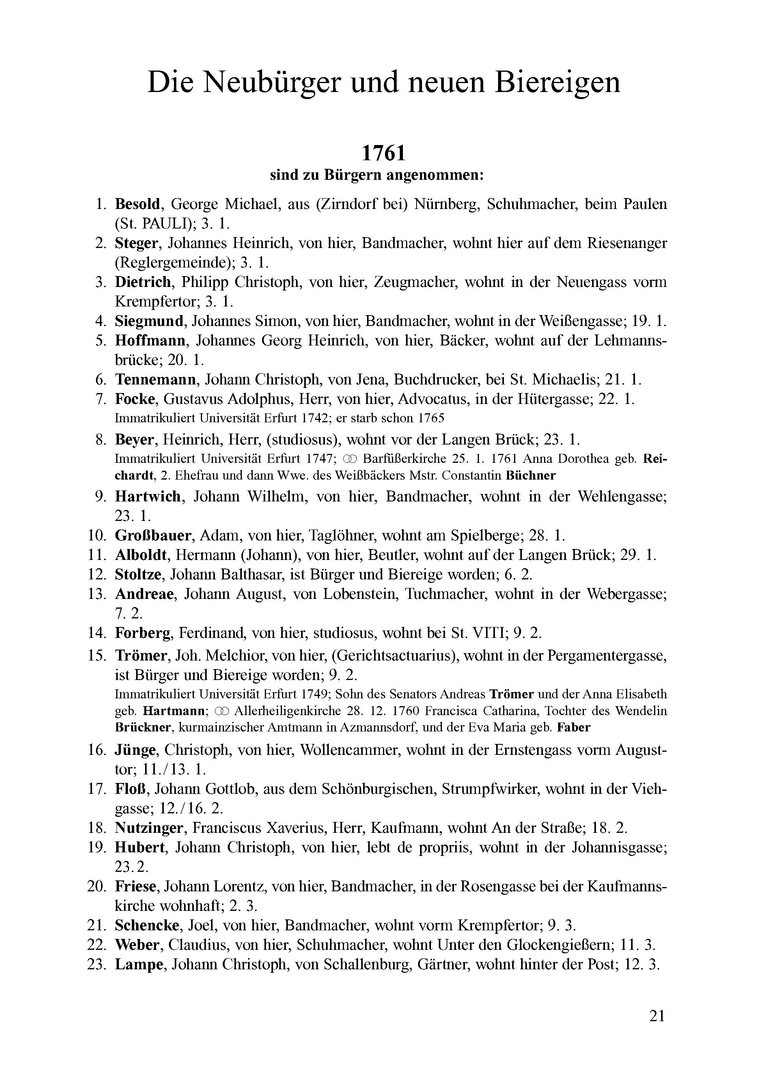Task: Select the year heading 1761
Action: point(384,153)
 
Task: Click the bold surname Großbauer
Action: point(154,535)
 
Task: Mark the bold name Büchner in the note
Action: point(530,476)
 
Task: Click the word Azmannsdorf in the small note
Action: point(382,727)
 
